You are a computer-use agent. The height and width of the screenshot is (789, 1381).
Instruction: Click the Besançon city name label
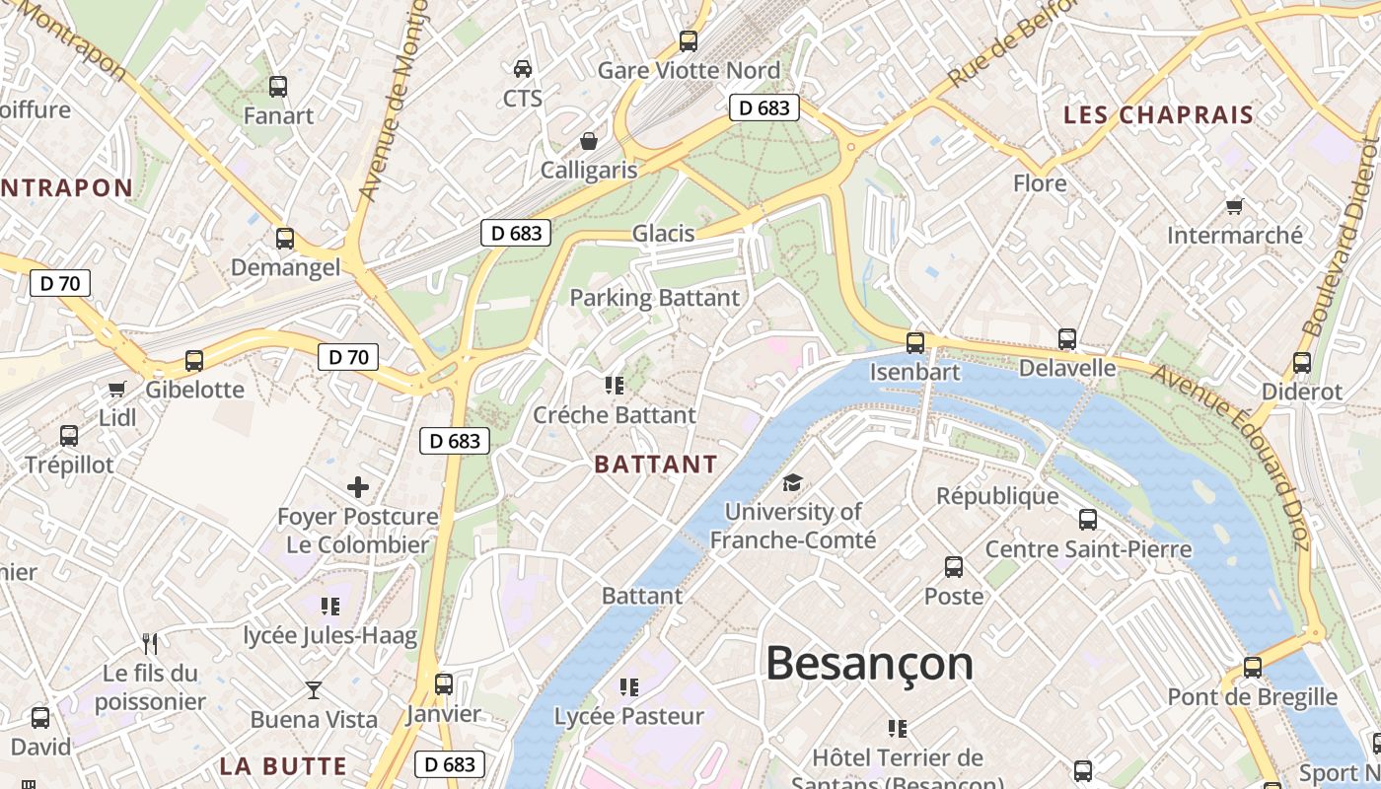click(x=869, y=663)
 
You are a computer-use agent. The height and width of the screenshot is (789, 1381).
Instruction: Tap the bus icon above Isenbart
click(x=915, y=342)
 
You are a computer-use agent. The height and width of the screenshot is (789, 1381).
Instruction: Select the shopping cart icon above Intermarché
click(x=1234, y=206)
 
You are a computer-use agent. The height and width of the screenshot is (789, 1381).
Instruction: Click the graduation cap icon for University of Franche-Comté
click(x=792, y=482)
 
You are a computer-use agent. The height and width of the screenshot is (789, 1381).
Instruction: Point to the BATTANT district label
click(x=656, y=465)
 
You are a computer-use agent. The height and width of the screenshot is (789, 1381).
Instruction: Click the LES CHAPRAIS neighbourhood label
click(x=1158, y=115)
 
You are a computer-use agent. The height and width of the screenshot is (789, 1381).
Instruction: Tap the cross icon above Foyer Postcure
click(x=358, y=486)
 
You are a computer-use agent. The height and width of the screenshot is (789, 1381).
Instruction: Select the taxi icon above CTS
click(x=522, y=68)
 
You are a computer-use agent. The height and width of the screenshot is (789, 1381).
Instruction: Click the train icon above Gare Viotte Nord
click(x=689, y=40)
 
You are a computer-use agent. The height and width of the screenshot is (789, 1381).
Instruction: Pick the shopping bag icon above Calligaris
click(x=589, y=141)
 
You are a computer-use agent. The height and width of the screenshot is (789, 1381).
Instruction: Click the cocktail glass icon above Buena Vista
click(x=314, y=689)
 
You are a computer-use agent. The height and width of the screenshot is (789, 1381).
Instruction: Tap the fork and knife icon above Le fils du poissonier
click(x=150, y=644)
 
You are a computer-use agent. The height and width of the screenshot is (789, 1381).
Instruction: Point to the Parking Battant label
click(x=654, y=298)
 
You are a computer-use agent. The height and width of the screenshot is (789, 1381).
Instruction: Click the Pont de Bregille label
click(x=1252, y=697)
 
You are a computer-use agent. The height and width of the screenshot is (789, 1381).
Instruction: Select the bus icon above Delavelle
click(x=1066, y=338)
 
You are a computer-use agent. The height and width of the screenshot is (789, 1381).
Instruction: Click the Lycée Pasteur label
click(x=629, y=716)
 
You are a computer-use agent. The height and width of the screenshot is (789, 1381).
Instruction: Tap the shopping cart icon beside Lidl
click(x=117, y=389)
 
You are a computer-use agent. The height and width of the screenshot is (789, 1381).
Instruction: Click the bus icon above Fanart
click(x=278, y=86)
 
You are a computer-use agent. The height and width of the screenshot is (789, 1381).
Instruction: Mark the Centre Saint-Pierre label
click(x=1088, y=549)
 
